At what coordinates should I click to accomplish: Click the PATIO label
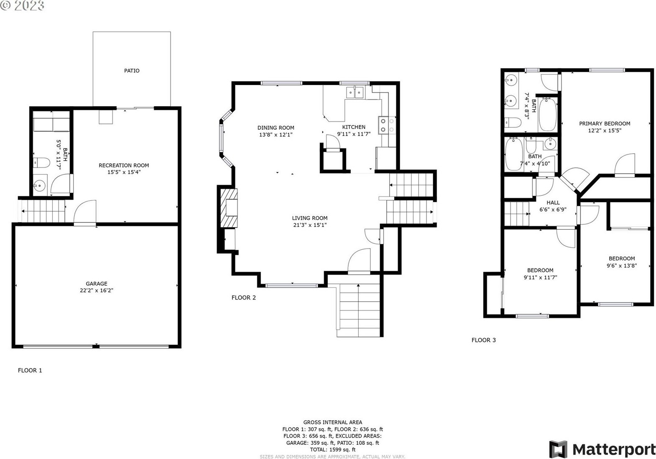(x=132, y=71)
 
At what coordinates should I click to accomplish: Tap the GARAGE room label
(x=96, y=284)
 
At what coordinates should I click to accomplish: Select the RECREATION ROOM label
(x=124, y=165)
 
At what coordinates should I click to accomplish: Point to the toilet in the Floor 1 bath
(x=41, y=163)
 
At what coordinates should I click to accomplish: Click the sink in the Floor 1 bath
(x=39, y=185)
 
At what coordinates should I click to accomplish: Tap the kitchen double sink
(x=355, y=92)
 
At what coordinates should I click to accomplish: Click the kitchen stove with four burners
(x=387, y=126)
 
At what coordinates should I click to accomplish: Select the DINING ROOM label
(x=276, y=128)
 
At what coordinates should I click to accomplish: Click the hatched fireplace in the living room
(x=229, y=208)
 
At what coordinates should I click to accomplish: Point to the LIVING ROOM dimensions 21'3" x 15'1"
(x=310, y=225)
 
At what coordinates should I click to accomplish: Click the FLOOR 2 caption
(x=244, y=298)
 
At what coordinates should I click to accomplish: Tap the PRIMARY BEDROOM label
(x=605, y=124)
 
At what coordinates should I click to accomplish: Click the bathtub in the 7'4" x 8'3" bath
(x=548, y=114)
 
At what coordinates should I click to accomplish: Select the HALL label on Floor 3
(x=553, y=203)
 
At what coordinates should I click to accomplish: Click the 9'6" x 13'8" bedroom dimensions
(x=622, y=266)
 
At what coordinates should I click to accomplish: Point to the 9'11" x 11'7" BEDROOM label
(x=540, y=270)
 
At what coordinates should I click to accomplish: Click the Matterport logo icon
(x=558, y=449)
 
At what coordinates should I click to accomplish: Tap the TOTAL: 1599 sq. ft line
(x=333, y=450)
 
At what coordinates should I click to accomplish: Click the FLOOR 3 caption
(x=483, y=340)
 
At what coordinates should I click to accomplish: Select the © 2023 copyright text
(x=22, y=6)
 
